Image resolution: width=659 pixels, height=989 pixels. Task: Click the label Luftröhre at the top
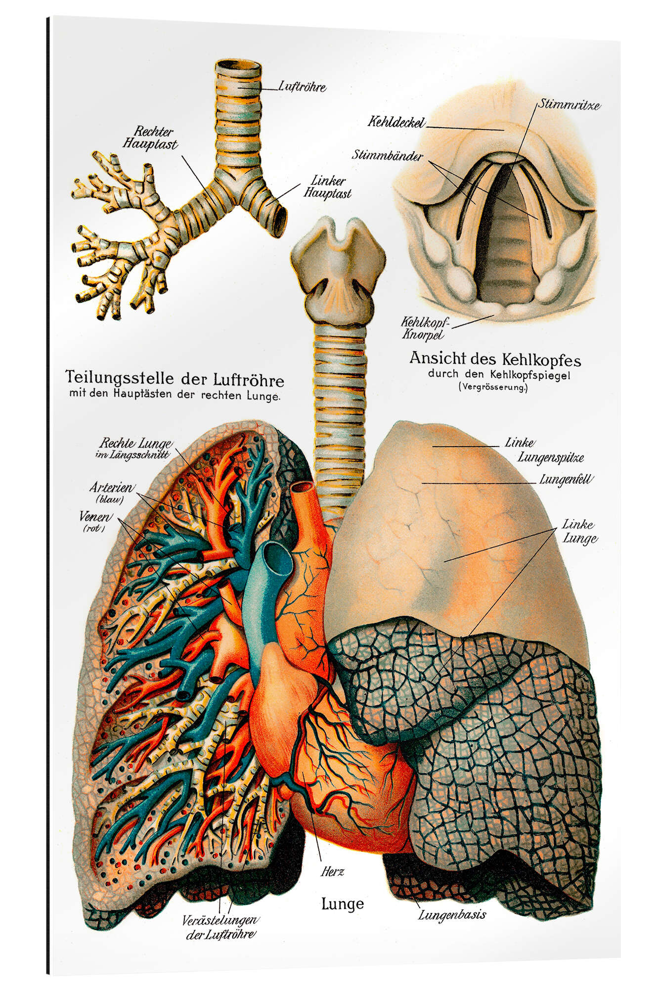pyautogui.click(x=302, y=87)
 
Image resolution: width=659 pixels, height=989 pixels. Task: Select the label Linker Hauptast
pyautogui.click(x=327, y=187)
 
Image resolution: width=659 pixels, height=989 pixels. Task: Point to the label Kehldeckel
pyautogui.click(x=396, y=122)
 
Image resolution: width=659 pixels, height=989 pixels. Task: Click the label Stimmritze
pyautogui.click(x=569, y=104)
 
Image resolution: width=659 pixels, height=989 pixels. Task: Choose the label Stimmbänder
pyautogui.click(x=388, y=155)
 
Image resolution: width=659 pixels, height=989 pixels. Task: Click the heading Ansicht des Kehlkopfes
pyautogui.click(x=495, y=359)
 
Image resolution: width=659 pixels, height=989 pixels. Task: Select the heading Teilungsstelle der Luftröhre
pyautogui.click(x=175, y=379)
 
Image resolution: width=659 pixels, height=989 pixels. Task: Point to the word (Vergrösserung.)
pyautogui.click(x=493, y=387)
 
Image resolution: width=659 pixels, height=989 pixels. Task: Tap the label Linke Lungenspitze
pyautogui.click(x=544, y=450)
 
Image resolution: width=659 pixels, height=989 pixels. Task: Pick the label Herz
pyautogui.click(x=332, y=871)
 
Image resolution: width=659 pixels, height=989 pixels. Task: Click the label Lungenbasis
pyautogui.click(x=452, y=915)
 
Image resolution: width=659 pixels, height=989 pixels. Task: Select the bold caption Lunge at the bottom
pyautogui.click(x=342, y=904)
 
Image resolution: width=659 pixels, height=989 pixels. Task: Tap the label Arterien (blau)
pyautogui.click(x=111, y=493)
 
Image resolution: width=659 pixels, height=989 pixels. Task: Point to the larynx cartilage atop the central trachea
pyautogui.click(x=338, y=270)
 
